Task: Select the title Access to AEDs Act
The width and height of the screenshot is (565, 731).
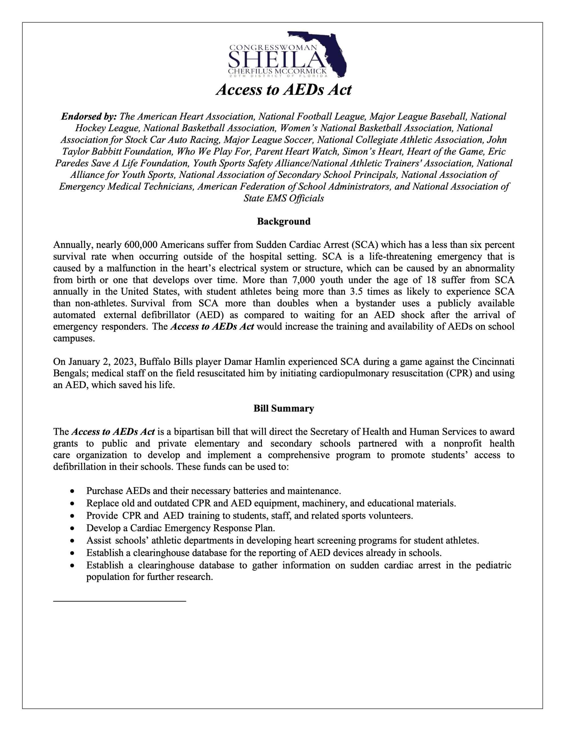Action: [x=283, y=90]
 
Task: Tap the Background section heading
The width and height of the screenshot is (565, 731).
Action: [x=284, y=222]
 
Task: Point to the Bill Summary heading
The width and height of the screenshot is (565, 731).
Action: [x=284, y=408]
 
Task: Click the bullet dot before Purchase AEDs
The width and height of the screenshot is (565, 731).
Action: [x=72, y=491]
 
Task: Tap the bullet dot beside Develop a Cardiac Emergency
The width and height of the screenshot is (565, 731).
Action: [x=72, y=528]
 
